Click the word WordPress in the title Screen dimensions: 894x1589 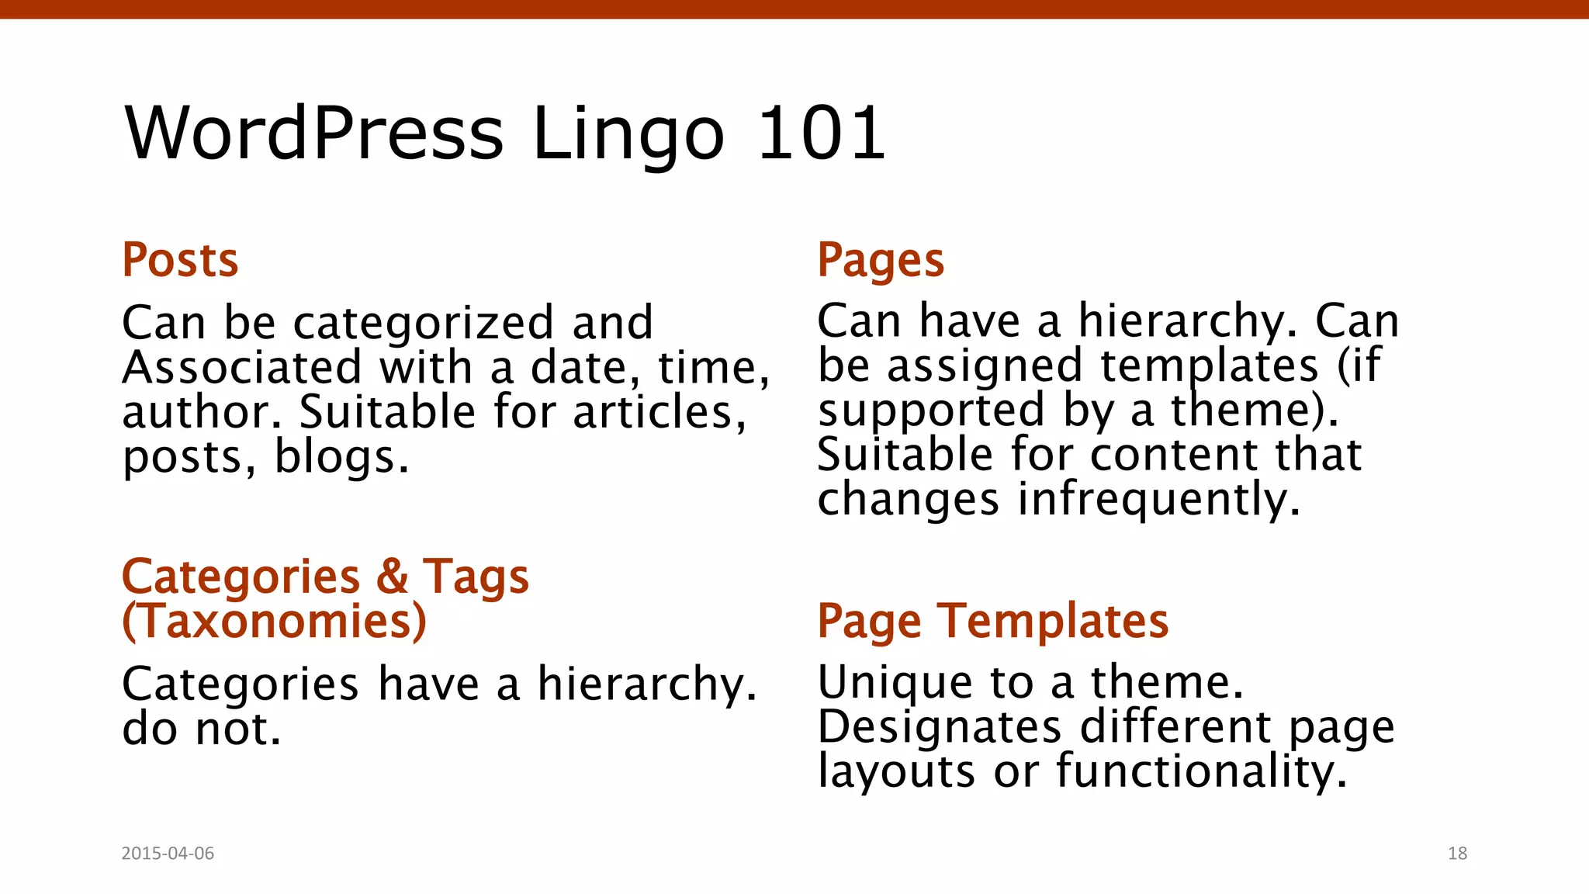tap(314, 133)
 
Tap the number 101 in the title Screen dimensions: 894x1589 tap(821, 133)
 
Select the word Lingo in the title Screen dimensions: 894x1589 tap(628, 136)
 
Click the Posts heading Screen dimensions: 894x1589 tap(180, 260)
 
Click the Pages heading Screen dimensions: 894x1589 tap(881, 260)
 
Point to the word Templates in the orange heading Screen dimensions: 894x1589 tap(1053, 621)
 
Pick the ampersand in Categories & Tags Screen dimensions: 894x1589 tap(393, 577)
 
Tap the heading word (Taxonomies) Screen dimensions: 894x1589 tap(275, 621)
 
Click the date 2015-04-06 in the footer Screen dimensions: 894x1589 tap(168, 853)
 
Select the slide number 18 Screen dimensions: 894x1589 tap(1457, 853)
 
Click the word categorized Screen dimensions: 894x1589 tap(424, 323)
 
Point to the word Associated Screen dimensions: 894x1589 tap(242, 367)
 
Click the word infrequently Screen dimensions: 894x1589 tap(1158, 499)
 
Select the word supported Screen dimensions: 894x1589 tap(931, 411)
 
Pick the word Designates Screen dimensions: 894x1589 tap(940, 727)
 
